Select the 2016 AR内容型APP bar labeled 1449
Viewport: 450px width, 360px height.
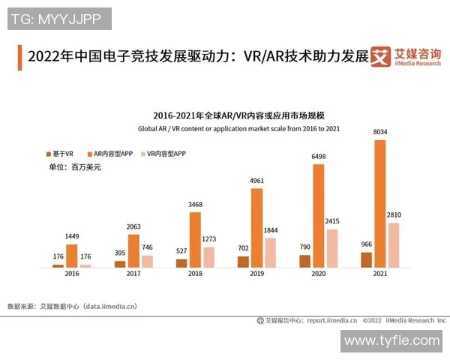[x=72, y=256]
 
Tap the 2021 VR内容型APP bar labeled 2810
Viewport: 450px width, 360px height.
[x=394, y=245]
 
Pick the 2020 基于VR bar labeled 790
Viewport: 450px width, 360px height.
[x=304, y=261]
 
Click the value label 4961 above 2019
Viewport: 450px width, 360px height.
[x=256, y=180]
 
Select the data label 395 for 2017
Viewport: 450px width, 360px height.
[x=119, y=253]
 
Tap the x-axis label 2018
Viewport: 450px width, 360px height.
[x=195, y=275]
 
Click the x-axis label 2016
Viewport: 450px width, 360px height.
[x=72, y=275]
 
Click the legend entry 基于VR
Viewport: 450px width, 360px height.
[x=59, y=152]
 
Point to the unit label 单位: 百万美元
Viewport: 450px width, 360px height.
[x=74, y=167]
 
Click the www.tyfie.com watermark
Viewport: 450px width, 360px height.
[x=391, y=341]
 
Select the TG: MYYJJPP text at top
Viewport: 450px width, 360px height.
[x=58, y=19]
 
